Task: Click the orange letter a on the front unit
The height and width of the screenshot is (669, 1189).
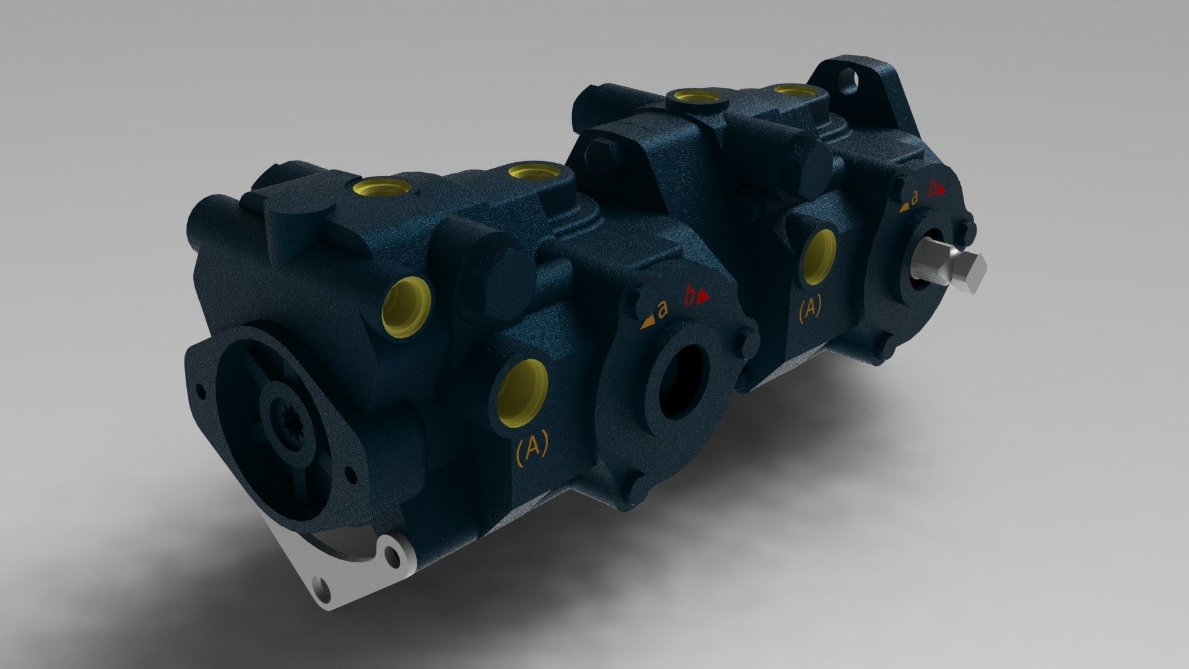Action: click(x=663, y=310)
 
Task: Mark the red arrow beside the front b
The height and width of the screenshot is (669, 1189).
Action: click(x=702, y=299)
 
